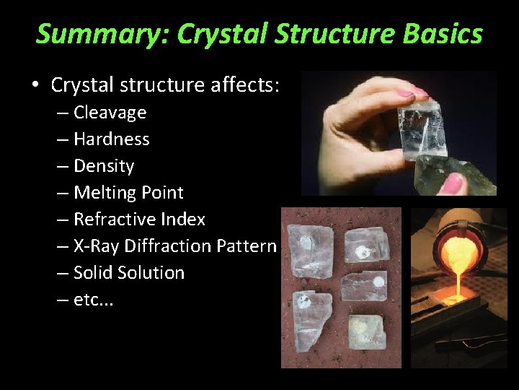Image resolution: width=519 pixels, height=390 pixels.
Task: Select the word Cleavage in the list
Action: (x=110, y=113)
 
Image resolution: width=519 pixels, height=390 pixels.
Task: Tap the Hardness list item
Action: (x=111, y=139)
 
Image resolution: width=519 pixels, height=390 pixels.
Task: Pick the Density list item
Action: (x=104, y=166)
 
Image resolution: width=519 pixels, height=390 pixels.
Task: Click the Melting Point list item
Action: (x=128, y=193)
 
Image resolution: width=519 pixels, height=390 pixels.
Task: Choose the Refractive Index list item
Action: (x=139, y=220)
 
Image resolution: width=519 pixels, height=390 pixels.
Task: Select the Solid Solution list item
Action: (x=129, y=273)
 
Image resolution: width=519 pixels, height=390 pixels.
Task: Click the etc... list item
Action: (x=93, y=300)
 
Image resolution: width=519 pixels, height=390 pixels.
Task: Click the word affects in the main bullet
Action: (x=244, y=85)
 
